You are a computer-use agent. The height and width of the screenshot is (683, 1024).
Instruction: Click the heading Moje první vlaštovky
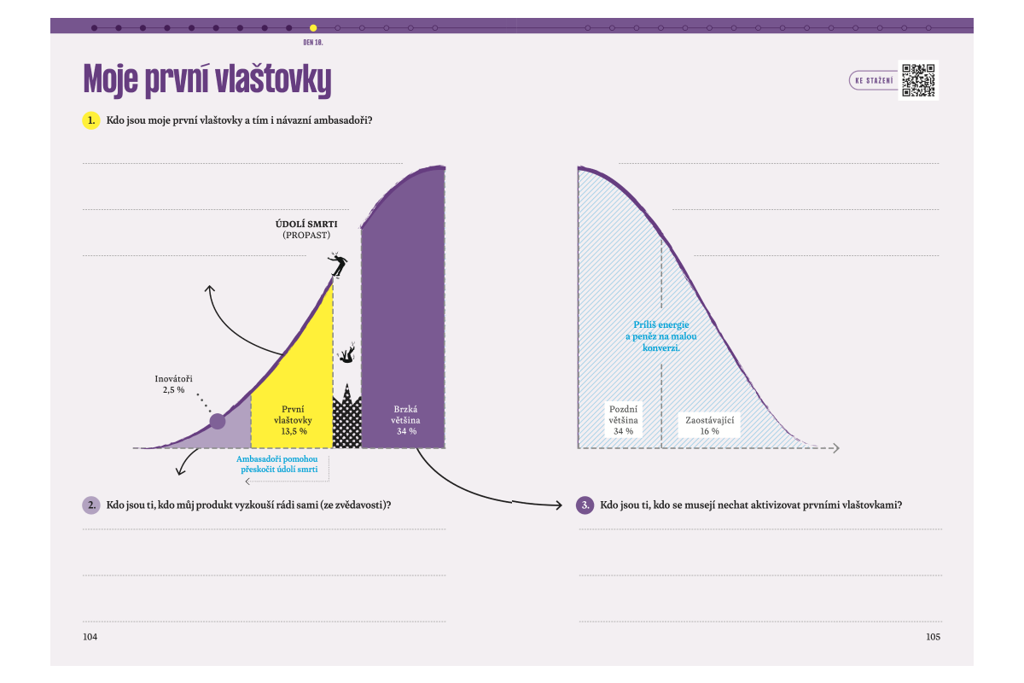[207, 80]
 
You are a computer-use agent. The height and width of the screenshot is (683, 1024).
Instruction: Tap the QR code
[918, 80]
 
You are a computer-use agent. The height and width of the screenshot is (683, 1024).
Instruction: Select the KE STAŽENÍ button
[872, 81]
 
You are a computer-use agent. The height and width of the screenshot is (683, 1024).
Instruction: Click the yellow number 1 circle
[91, 120]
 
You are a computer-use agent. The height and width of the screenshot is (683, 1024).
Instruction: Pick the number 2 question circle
[91, 505]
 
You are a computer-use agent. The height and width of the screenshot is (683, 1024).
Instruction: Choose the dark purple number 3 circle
[585, 505]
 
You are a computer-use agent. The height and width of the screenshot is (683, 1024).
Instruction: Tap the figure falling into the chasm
[347, 353]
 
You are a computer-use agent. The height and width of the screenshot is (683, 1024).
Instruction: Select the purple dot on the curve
[218, 420]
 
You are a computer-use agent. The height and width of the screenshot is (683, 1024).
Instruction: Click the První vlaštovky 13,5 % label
[293, 420]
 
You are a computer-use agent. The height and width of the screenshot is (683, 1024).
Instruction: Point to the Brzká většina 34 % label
[406, 420]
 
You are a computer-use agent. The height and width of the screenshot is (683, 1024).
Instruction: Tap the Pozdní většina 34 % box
[623, 419]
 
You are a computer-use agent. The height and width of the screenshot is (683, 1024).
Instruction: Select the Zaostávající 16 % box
[710, 425]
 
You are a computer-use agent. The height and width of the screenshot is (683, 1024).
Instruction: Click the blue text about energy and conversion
[661, 336]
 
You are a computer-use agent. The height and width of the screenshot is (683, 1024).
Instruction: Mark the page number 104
[90, 637]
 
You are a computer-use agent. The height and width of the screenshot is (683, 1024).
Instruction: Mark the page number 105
[933, 637]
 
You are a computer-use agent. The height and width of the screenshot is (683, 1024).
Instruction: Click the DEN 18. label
[313, 41]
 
